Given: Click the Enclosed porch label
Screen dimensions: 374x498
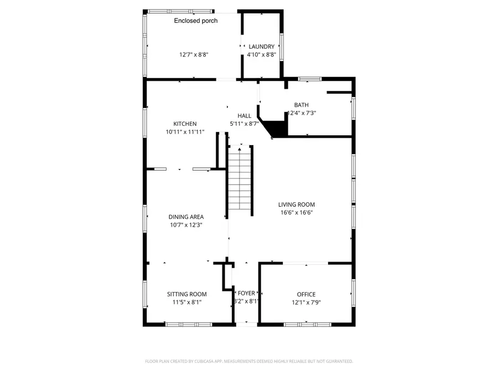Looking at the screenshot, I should coord(196,21).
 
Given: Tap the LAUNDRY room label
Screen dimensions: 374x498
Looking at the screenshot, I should coord(261,47).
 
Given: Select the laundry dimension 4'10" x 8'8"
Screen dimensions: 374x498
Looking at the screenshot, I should coord(261,55).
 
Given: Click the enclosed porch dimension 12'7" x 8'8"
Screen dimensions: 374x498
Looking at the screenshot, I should coord(193,55).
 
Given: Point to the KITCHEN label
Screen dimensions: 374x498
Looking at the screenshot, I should coord(185,124).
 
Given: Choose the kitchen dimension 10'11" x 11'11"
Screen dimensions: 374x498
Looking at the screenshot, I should coord(185,132).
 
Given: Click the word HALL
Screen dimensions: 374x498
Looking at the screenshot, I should coord(244,115).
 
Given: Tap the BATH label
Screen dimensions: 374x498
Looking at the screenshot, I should coord(301,105).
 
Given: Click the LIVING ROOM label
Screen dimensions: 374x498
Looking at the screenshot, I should coord(297,204).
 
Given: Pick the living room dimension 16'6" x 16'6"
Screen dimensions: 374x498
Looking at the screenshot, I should coord(297,213).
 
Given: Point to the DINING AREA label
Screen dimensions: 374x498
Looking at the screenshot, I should coord(186,217).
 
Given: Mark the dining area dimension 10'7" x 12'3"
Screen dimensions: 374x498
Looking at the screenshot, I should coord(186,225).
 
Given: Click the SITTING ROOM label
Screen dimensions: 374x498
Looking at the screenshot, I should coord(187,294).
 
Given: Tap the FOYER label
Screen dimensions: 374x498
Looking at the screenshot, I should coord(246,293).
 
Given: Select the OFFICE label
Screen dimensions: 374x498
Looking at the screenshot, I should coord(306,294).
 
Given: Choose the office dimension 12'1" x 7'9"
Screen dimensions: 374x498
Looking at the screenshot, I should coord(306,303).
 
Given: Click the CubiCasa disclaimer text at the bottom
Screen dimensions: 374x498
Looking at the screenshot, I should coord(248,361).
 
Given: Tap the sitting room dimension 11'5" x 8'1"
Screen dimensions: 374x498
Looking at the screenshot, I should coord(187,303).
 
